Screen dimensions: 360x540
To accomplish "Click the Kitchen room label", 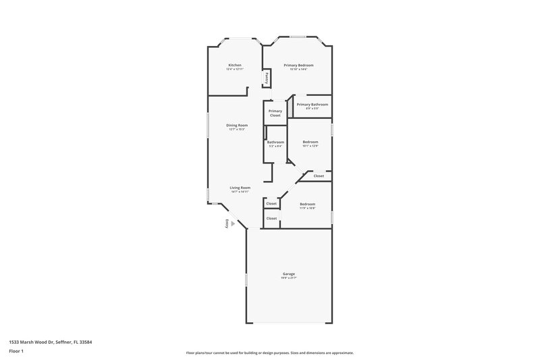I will click(x=234, y=65).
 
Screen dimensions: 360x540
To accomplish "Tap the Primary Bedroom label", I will click(x=298, y=65).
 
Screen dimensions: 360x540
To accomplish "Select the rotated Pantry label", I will click(x=267, y=78).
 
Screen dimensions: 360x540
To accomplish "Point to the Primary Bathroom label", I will click(x=313, y=104).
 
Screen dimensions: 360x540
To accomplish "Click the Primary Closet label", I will click(x=275, y=113).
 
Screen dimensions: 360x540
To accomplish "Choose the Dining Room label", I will click(x=237, y=125).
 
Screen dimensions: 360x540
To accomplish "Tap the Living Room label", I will click(x=240, y=188).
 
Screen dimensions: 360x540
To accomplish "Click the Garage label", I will click(x=288, y=274).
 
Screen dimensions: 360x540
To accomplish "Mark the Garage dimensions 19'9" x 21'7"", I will click(x=288, y=278).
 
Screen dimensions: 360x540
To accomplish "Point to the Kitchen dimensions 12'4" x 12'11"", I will click(x=234, y=69).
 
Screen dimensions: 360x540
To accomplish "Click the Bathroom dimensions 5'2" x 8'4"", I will click(x=275, y=146).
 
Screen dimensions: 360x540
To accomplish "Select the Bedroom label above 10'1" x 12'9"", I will click(x=310, y=141).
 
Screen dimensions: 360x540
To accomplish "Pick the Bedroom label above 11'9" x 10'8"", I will click(x=307, y=204).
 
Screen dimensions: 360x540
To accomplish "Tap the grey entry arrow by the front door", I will click(x=233, y=223).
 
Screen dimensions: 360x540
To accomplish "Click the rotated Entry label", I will click(x=227, y=224).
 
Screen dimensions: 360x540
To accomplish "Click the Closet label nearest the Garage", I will click(x=271, y=218).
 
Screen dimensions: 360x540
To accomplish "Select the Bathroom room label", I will click(x=275, y=142).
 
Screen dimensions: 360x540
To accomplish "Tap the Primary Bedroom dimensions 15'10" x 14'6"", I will click(x=298, y=69).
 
